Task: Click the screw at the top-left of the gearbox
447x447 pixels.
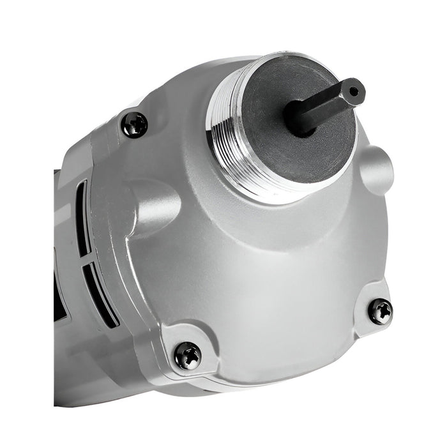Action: point(135,125)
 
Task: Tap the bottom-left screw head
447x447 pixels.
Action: point(188,355)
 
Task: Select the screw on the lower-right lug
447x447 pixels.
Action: point(381,311)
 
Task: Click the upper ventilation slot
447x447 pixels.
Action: point(82,217)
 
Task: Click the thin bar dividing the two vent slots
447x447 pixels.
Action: point(86,255)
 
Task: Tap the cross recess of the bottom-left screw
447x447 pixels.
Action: point(188,355)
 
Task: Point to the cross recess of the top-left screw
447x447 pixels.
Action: point(135,125)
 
